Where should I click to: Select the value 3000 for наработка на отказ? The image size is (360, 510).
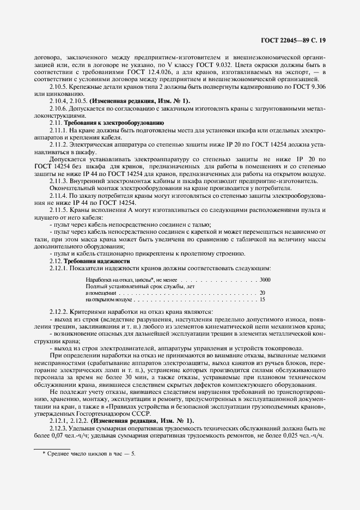click(x=265, y=279)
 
